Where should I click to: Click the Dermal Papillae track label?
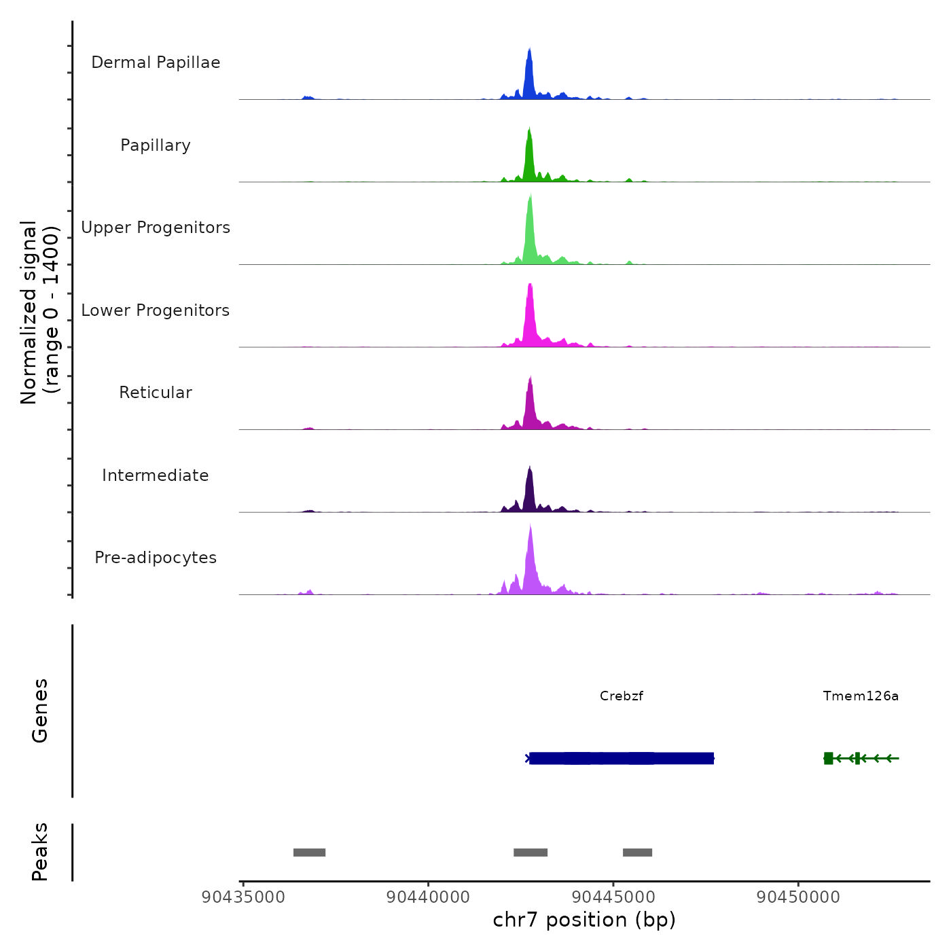156,62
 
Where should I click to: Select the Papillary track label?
156,145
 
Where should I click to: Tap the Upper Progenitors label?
156,228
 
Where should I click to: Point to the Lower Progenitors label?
156,310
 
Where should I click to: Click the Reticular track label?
156,393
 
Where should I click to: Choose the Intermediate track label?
156,475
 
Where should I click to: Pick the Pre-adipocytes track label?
156,558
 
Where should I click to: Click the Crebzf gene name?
621,696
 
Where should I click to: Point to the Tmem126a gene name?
861,696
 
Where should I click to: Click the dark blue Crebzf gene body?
621,758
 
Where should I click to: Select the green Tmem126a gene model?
860,758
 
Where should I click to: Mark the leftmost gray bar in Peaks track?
309,853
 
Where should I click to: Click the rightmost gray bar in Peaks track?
637,853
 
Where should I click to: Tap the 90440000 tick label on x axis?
428,897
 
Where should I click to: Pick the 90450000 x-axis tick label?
798,897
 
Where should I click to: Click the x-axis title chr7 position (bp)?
584,920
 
